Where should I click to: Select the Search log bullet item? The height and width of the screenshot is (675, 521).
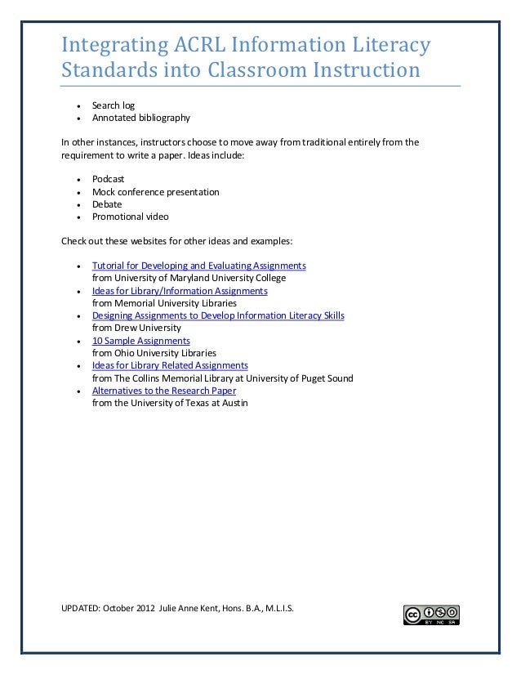tap(114, 106)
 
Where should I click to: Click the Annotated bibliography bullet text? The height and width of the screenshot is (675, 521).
tap(140, 118)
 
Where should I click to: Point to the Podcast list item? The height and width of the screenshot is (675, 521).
tap(108, 179)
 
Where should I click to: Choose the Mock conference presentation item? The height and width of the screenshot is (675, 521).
tap(155, 192)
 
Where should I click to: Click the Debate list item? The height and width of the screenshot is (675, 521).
tap(107, 204)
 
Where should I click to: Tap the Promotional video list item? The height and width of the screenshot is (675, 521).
tap(131, 217)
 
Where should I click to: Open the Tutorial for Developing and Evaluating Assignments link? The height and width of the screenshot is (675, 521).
tap(199, 266)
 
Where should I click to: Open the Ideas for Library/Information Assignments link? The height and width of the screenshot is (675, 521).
tap(180, 291)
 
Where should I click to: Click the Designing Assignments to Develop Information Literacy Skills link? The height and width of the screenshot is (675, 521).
tap(218, 315)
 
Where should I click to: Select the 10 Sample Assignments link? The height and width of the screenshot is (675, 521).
tap(141, 341)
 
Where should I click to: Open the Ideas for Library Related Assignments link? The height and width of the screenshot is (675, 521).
tap(170, 365)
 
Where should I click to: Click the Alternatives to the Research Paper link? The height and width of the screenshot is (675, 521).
tap(164, 391)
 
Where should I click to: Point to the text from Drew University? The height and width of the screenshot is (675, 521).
tap(136, 328)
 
